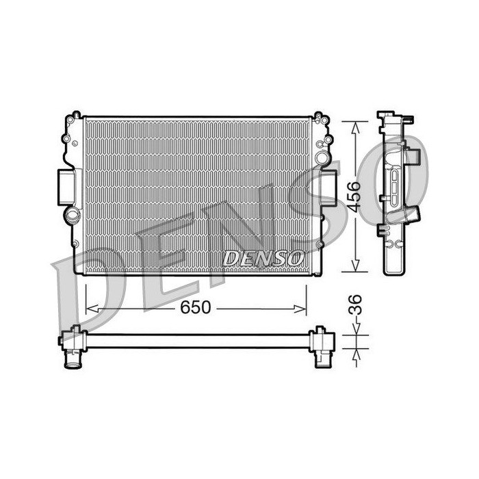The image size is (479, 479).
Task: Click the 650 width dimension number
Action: coord(195,307)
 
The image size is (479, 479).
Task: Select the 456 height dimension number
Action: coord(354,196)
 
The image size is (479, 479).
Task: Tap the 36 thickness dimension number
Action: coord(355,305)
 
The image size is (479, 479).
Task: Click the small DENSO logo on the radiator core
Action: coord(263,259)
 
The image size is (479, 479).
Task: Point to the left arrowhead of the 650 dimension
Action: coord(92,309)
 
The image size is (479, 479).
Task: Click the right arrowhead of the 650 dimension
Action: coord(300,309)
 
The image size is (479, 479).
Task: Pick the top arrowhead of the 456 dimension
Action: coord(355,128)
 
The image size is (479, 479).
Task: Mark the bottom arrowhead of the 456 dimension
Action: coord(355,266)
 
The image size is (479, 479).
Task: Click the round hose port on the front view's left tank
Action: coord(72,215)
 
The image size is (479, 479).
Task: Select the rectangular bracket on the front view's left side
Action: coord(66,187)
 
